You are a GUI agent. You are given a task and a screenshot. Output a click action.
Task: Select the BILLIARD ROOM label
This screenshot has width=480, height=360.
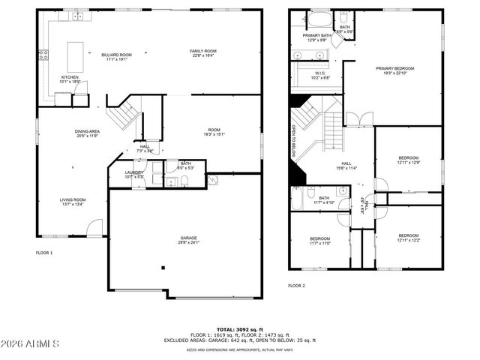(116, 55)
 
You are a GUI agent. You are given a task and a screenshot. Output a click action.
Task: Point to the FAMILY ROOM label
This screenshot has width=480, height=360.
(202, 51)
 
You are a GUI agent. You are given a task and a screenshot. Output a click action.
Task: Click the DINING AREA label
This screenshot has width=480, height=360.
(87, 131)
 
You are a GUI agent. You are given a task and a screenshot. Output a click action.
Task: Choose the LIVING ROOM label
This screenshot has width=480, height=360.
(73, 199)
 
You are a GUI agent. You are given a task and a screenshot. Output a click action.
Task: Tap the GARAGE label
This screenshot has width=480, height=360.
(188, 238)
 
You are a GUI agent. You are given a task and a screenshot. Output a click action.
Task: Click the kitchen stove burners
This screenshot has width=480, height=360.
(43, 54)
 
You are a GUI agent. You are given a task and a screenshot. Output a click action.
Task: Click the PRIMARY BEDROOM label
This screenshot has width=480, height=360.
(394, 68)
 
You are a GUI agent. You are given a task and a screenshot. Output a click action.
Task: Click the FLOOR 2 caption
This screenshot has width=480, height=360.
(297, 285)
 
